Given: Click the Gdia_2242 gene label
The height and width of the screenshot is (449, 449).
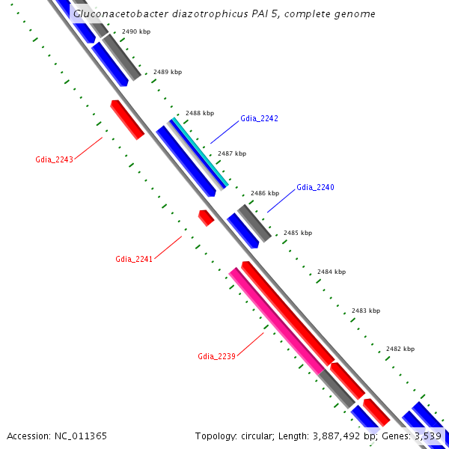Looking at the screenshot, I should click(259, 119).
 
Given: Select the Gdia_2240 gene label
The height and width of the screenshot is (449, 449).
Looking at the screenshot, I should click(315, 187).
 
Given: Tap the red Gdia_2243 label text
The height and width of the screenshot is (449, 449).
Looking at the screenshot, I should click(54, 160).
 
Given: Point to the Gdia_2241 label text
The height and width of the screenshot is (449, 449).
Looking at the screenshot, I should click(134, 259).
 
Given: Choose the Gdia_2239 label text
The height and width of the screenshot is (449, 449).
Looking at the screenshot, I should click(217, 356).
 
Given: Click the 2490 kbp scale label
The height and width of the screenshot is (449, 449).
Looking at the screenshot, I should click(135, 32).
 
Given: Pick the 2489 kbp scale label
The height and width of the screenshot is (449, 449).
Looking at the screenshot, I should click(167, 73).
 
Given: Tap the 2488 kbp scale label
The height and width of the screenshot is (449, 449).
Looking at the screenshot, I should click(199, 113).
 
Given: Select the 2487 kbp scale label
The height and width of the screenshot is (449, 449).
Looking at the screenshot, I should click(231, 153).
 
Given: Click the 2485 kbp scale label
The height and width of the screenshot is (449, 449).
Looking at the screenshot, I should click(298, 233).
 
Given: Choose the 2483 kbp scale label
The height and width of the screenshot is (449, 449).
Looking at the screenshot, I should click(366, 311).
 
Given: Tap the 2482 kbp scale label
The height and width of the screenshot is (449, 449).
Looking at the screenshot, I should click(400, 349).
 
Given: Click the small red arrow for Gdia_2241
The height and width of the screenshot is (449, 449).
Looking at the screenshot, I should click(206, 218).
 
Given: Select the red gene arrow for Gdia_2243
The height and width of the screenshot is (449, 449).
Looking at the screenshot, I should click(127, 120).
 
